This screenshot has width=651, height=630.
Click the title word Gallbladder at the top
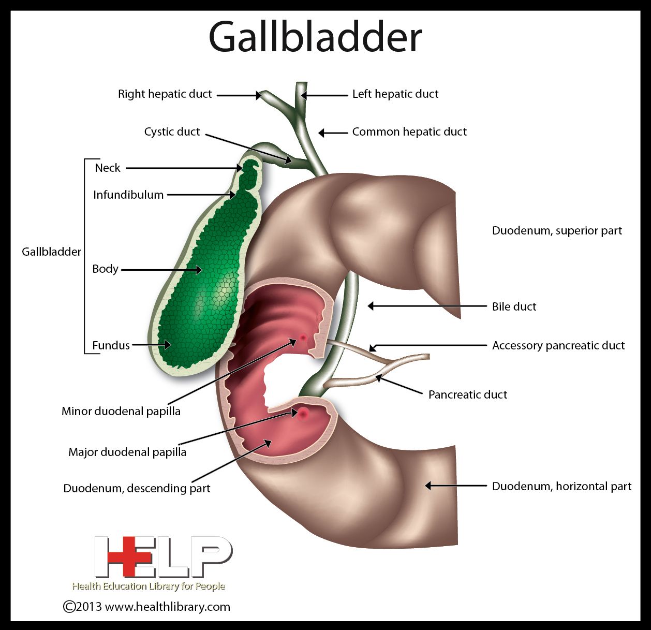point(315,37)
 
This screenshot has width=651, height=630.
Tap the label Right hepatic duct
point(165,94)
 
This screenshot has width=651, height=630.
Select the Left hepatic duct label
point(395,94)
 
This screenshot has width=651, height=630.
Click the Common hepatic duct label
point(409,132)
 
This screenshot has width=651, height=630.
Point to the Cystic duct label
point(172,132)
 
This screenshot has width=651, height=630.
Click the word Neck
point(107,168)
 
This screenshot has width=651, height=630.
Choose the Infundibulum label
point(128,195)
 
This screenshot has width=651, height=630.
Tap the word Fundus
point(111,345)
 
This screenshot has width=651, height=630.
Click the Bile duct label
point(514,306)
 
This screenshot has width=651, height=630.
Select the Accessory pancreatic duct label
point(558,345)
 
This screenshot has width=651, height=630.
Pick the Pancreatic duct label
point(467,394)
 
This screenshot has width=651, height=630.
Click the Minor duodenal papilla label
point(121,412)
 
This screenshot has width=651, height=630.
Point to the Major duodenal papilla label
point(127,452)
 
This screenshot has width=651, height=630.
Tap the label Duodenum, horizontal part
point(561,487)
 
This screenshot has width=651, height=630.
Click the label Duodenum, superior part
point(556,231)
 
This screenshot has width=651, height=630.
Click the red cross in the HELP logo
point(124,557)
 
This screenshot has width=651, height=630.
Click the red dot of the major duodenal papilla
point(303,413)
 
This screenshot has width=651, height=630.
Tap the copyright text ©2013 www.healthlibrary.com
point(146,607)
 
